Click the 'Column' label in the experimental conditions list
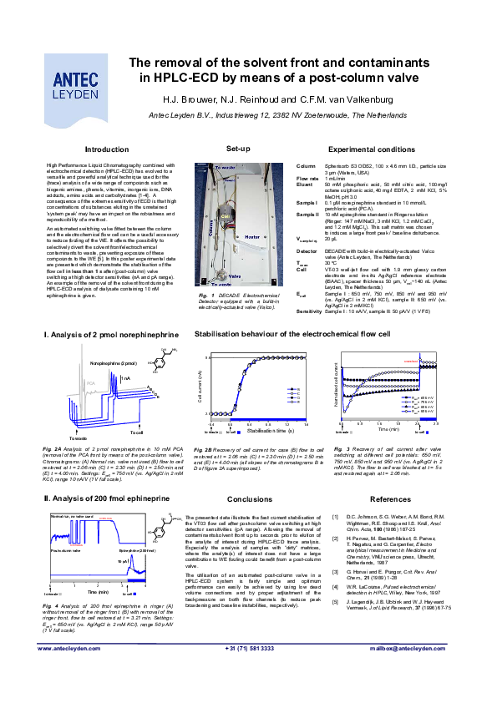(307, 167)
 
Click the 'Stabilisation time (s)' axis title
(258, 431)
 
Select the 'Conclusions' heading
(250, 499)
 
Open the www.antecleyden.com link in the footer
(73, 648)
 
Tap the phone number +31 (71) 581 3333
(250, 648)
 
